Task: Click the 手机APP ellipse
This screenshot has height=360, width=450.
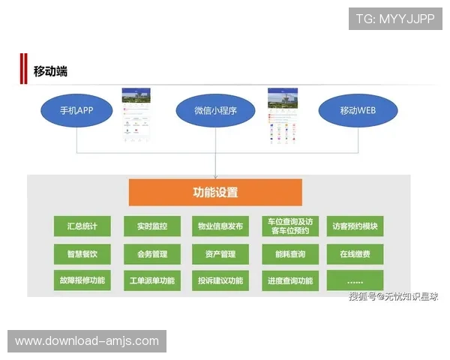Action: coord(76,111)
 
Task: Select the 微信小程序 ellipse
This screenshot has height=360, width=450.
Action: coord(215,111)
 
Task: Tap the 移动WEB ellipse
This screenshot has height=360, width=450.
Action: coord(357,111)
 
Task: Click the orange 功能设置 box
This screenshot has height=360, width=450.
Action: coord(215,192)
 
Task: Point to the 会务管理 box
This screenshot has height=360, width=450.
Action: coord(152,254)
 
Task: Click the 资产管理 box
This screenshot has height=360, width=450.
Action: coord(220,254)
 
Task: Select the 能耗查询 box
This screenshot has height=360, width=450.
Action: coord(290,254)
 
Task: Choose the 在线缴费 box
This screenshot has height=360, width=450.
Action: coord(355,254)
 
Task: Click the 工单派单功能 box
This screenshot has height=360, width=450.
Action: coord(152,281)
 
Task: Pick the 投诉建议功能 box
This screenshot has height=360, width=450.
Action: coord(220,281)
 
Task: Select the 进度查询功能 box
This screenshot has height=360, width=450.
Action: coord(290,281)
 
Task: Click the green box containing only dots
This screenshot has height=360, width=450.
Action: coord(355,281)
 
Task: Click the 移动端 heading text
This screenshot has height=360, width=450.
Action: coord(50,71)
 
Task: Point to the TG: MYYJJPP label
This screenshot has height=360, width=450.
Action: coord(395,18)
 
